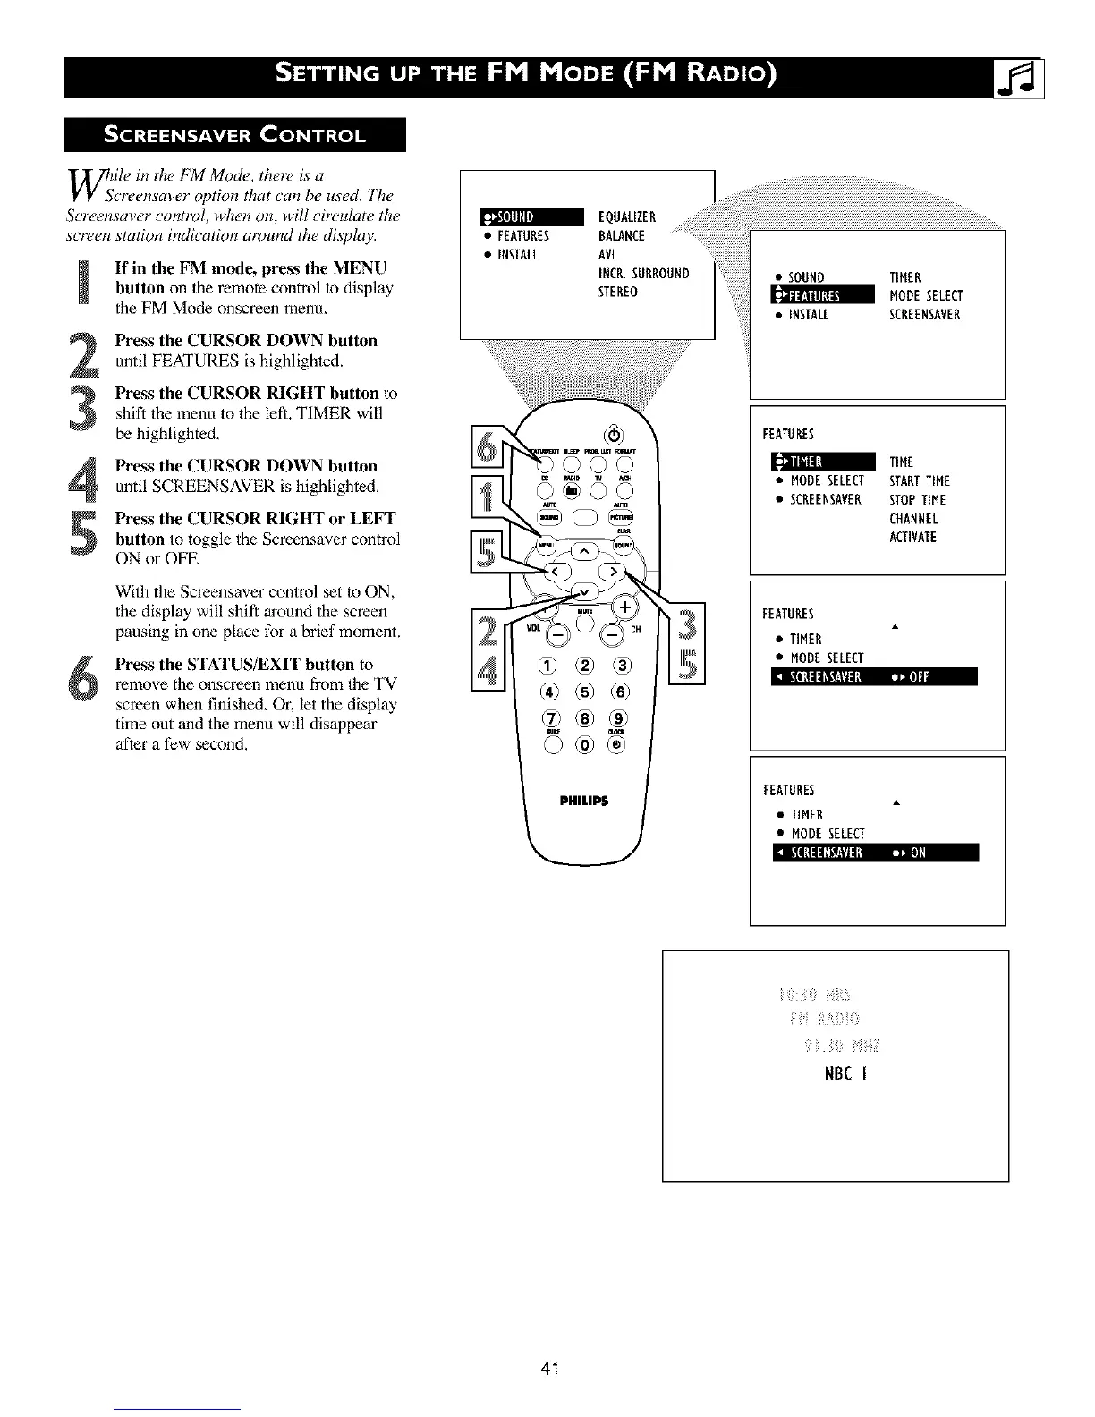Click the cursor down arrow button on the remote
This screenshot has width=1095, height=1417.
coord(585,591)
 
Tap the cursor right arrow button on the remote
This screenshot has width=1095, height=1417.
coord(615,572)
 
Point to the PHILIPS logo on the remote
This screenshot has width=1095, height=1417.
coord(584,801)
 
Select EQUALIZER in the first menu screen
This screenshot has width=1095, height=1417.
coord(626,217)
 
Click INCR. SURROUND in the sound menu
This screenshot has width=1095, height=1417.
coord(643,274)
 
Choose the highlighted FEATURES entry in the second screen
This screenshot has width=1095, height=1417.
coord(821,296)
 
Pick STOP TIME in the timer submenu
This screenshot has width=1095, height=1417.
coord(917,500)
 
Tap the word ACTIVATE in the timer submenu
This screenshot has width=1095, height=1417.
coord(912,538)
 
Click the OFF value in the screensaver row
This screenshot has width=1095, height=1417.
coord(919,677)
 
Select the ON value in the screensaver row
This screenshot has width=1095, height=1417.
coord(918,853)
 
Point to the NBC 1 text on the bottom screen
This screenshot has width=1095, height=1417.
coord(845,1073)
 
